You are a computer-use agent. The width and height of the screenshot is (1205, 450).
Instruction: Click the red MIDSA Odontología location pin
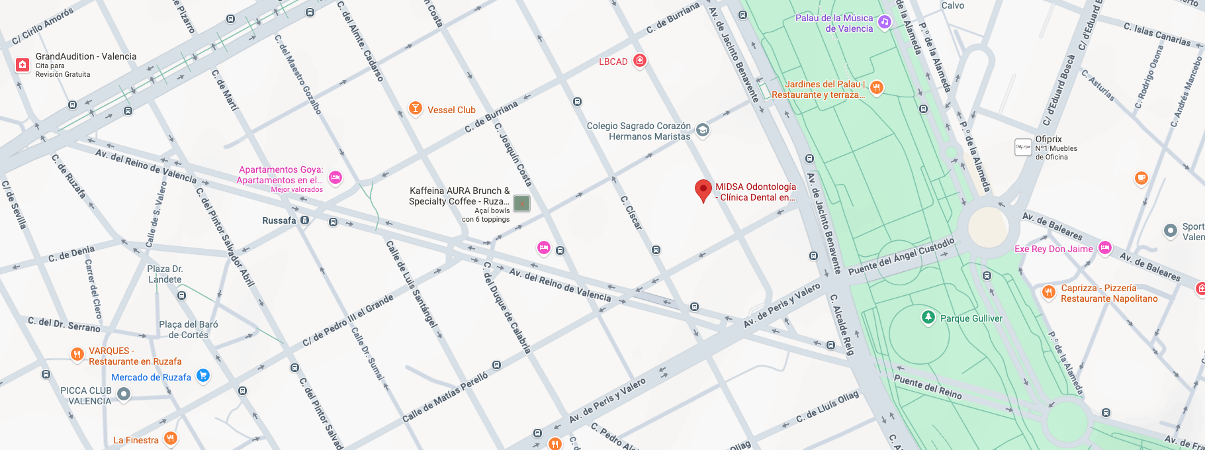[x=703, y=190]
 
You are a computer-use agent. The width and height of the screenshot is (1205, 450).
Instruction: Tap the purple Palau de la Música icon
[x=885, y=22]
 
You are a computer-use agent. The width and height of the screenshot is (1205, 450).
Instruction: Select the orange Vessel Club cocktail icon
[x=415, y=109]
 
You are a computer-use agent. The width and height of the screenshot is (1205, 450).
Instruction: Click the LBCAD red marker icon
[x=639, y=61]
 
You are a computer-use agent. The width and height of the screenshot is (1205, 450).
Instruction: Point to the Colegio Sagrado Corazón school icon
[x=703, y=130]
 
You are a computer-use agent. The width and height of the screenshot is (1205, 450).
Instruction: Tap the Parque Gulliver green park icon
[x=928, y=318]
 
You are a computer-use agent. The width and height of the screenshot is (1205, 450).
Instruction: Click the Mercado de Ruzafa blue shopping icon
[x=203, y=376]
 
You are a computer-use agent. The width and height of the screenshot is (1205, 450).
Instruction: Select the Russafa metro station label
[x=279, y=220]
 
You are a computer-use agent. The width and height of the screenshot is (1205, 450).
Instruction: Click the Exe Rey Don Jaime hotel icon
[x=1104, y=248]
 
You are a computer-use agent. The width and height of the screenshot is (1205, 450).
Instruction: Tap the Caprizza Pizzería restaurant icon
[x=1048, y=292]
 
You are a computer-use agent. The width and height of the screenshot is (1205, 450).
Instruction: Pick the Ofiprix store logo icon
[x=1023, y=147]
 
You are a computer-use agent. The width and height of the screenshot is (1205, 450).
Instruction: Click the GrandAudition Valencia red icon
[x=22, y=65]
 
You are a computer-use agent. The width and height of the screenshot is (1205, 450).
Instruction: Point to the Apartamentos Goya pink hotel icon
[x=335, y=177]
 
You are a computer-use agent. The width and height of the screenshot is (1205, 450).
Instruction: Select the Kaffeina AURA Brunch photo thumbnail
[x=522, y=203]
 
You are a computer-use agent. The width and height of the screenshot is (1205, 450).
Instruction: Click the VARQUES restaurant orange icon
[x=77, y=355]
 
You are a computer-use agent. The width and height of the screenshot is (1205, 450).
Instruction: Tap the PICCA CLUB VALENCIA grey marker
[x=123, y=394]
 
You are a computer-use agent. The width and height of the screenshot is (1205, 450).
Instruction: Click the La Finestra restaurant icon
[x=170, y=438]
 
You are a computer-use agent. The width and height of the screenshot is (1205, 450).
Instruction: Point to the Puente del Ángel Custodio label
[x=901, y=257]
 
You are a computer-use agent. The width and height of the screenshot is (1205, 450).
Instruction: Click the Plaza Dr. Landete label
[x=165, y=274]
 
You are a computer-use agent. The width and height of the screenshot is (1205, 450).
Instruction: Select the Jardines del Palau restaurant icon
[x=876, y=87]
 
